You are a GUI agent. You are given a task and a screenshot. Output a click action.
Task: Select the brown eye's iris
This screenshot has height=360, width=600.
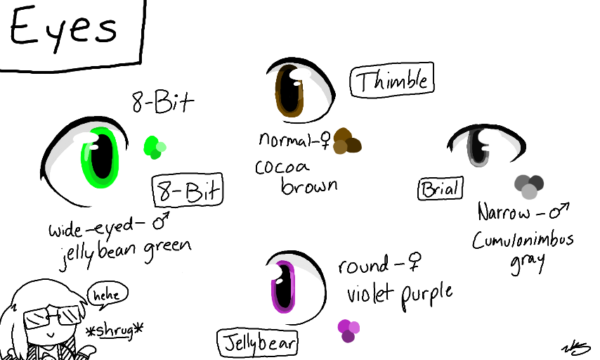pyautogui.click(x=289, y=90)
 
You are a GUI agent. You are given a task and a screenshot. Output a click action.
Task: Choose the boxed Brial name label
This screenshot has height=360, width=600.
pyautogui.click(x=440, y=188)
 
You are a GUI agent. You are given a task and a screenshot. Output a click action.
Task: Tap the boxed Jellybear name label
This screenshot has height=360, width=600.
pyautogui.click(x=257, y=344)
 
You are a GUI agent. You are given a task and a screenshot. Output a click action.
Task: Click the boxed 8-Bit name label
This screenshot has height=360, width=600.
pyautogui.click(x=187, y=191)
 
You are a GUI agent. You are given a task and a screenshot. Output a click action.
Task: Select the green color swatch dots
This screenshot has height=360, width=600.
pyautogui.click(x=155, y=147)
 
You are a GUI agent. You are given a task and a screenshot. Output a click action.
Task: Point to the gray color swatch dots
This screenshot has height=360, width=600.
pyautogui.click(x=529, y=186)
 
